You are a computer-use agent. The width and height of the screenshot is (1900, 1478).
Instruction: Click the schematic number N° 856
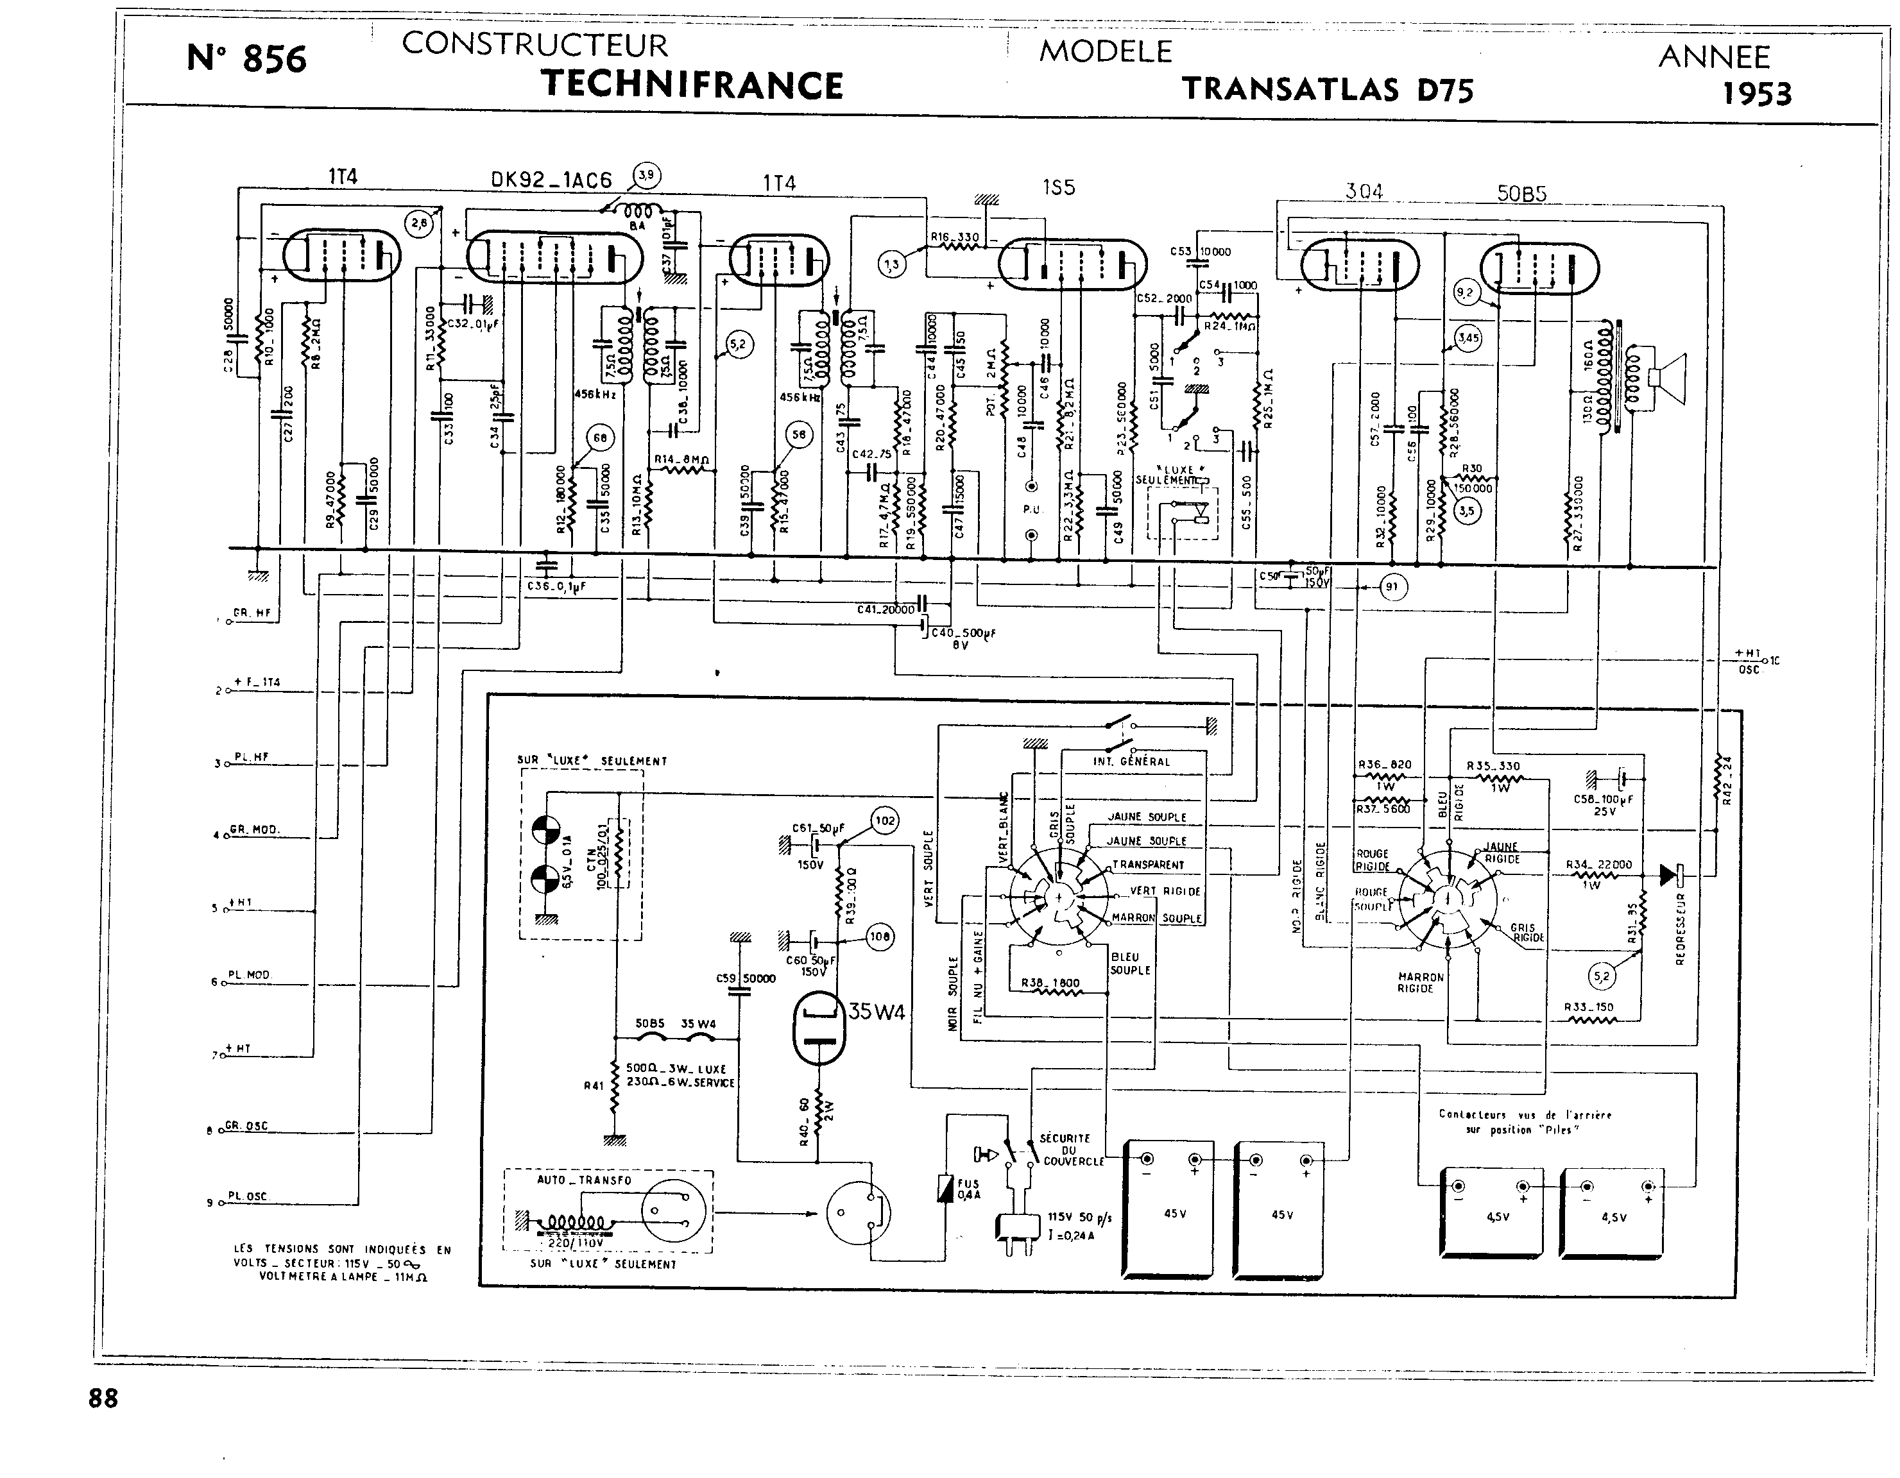[247, 59]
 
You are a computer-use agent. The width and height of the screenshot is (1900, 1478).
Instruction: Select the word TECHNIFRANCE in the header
[692, 85]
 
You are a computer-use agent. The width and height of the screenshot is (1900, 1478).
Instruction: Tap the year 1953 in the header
[1758, 94]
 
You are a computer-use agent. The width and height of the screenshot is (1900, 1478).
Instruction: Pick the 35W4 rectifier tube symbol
[819, 1029]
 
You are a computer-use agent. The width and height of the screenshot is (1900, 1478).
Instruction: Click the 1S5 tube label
[1058, 187]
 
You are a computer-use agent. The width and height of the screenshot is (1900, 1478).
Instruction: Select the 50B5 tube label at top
[1521, 193]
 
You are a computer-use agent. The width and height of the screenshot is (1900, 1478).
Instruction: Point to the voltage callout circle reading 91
[1392, 587]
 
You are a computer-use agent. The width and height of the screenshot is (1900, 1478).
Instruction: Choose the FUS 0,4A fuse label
[968, 1189]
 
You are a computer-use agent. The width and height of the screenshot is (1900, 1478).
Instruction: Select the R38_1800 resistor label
[1050, 983]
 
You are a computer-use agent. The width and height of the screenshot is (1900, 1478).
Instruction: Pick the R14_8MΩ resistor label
[682, 459]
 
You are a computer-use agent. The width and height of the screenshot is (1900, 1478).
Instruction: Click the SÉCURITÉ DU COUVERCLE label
[1071, 1149]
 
